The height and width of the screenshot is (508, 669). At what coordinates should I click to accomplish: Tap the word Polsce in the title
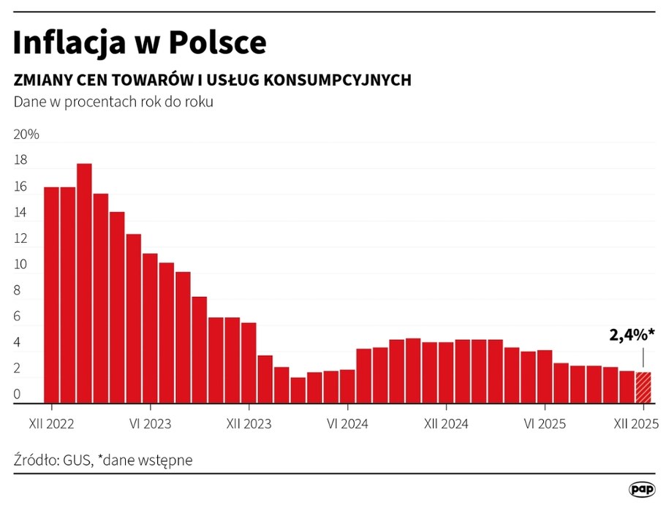pyautogui.click(x=218, y=44)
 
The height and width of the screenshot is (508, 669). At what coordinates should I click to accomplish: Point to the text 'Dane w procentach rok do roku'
pyautogui.click(x=113, y=102)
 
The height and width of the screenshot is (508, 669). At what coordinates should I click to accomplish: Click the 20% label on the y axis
pyautogui.click(x=26, y=135)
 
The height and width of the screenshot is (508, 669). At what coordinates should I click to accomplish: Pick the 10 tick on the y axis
pyautogui.click(x=20, y=265)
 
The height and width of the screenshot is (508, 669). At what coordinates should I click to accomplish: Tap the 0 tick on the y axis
pyautogui.click(x=18, y=395)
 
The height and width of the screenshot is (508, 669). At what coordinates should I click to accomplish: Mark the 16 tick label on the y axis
pyautogui.click(x=20, y=187)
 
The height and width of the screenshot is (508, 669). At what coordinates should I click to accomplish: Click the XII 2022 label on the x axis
pyautogui.click(x=52, y=424)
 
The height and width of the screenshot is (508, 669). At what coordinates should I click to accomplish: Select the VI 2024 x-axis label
pyautogui.click(x=347, y=424)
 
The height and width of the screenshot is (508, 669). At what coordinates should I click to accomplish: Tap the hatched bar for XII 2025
pyautogui.click(x=643, y=387)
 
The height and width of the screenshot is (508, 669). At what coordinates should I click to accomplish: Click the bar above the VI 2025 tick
pyautogui.click(x=544, y=376)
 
